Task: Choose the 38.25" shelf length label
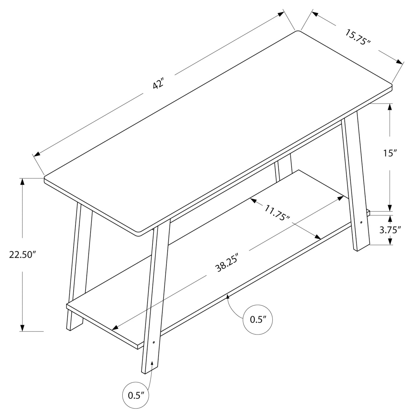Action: click(x=227, y=262)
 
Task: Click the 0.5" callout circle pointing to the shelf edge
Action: click(x=258, y=320)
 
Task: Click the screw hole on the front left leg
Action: click(x=154, y=342)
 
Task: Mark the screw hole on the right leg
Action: click(x=361, y=223)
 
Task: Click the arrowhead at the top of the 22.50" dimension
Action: click(x=23, y=181)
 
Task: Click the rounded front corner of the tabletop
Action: click(x=139, y=233)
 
